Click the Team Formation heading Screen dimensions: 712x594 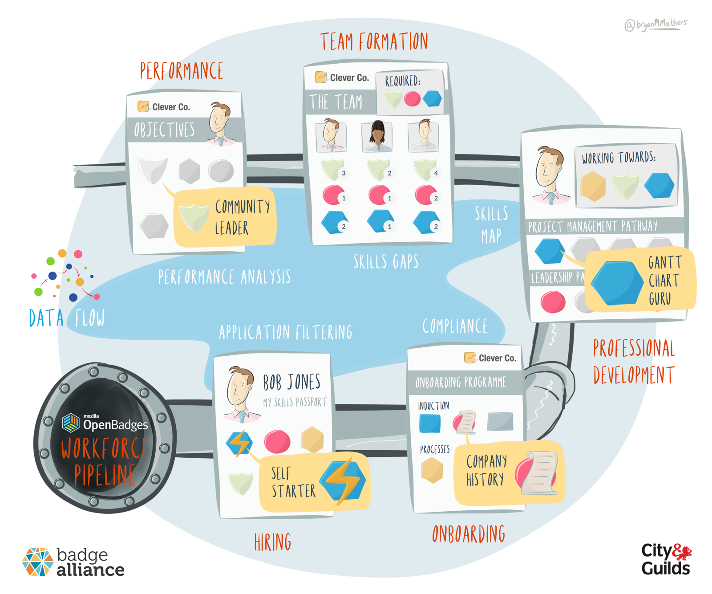point(374,42)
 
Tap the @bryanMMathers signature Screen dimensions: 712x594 point(655,24)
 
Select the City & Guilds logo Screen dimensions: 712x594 point(666,559)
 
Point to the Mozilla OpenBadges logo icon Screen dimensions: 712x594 point(71,423)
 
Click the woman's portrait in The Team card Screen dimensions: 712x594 point(377,136)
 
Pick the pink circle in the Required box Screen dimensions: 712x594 point(413,99)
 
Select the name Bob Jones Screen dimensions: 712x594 point(291,382)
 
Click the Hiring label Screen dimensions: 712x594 point(272,542)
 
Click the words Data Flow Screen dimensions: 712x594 point(67,318)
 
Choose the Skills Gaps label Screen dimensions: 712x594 point(386,262)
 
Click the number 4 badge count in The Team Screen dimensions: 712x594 point(436,173)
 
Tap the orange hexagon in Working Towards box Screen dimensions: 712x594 point(593,186)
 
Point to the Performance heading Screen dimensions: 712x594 point(182,71)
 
